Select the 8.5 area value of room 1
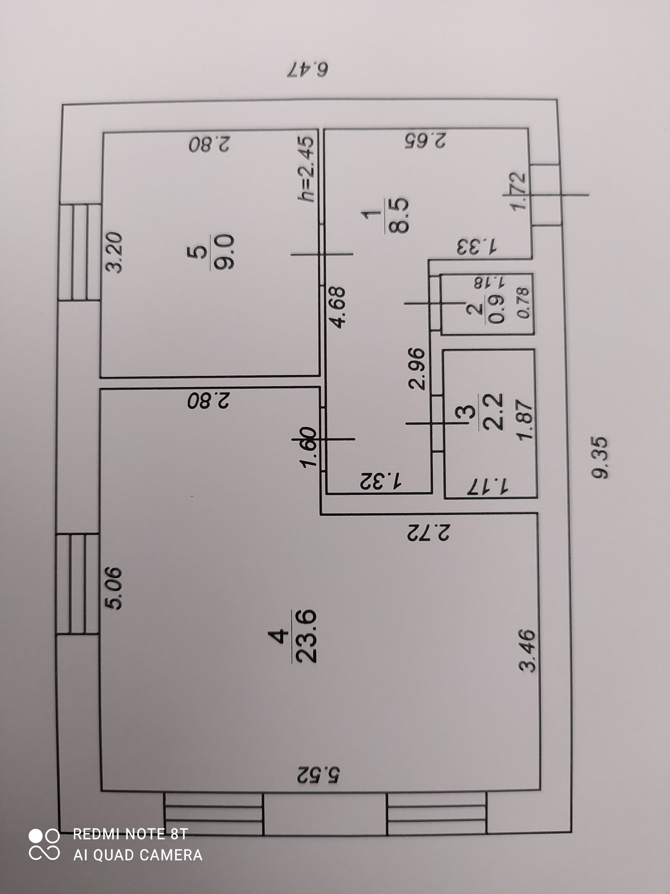399,215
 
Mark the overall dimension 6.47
309,69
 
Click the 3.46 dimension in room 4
527,650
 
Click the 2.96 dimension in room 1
418,369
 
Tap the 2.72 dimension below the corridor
428,533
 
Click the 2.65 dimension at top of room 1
425,140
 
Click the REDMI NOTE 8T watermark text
130,834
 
